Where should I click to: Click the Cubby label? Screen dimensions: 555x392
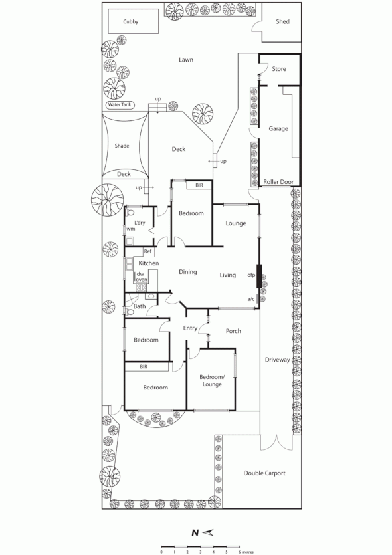click(x=130, y=21)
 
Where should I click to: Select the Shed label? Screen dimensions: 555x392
click(x=283, y=21)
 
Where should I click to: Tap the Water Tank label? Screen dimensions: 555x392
click(x=120, y=105)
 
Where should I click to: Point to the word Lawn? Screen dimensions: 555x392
click(x=186, y=60)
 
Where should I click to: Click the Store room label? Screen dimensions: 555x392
click(x=279, y=68)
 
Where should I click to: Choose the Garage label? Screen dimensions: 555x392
click(x=278, y=128)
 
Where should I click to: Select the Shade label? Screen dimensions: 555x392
click(x=122, y=146)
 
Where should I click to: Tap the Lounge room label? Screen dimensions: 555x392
click(x=235, y=223)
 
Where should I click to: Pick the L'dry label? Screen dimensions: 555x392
click(x=140, y=222)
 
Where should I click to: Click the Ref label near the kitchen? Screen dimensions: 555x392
click(x=147, y=251)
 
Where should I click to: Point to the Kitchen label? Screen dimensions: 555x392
click(x=148, y=264)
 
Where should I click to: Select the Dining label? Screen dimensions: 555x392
click(x=187, y=271)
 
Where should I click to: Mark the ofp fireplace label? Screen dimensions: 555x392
click(x=251, y=274)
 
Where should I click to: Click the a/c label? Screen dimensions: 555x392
click(x=251, y=300)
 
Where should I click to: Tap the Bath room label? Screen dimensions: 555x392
click(x=140, y=306)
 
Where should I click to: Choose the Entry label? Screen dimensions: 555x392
click(x=191, y=328)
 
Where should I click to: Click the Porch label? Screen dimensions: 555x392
click(x=233, y=331)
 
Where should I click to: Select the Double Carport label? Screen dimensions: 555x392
click(x=264, y=473)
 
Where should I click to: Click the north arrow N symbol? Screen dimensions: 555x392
click(x=195, y=532)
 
